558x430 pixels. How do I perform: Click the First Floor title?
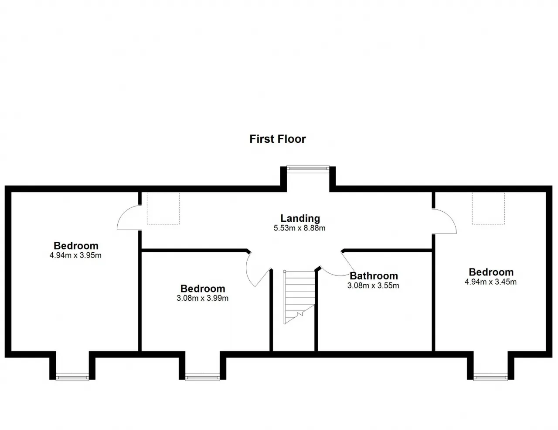(x=278, y=139)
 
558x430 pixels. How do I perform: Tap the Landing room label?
(x=300, y=218)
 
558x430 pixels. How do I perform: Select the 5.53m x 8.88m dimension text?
(x=299, y=228)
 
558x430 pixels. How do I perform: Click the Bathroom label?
(x=374, y=276)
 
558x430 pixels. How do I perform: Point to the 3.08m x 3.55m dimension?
(x=373, y=286)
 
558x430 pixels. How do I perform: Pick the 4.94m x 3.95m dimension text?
(x=75, y=255)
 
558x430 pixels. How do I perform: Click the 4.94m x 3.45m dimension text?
(x=490, y=282)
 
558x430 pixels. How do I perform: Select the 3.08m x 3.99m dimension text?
(x=202, y=298)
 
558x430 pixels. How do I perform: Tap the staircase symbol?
(x=299, y=297)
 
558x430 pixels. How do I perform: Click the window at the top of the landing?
(x=308, y=168)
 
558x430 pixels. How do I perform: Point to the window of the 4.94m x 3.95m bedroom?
(x=72, y=378)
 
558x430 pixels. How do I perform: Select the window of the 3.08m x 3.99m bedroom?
(x=203, y=378)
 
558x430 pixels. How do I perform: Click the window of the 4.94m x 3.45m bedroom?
(x=491, y=378)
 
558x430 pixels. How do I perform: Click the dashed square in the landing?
(x=163, y=208)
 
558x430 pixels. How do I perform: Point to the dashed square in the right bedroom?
(x=488, y=208)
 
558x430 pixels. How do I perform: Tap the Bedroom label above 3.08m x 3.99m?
(x=203, y=289)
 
